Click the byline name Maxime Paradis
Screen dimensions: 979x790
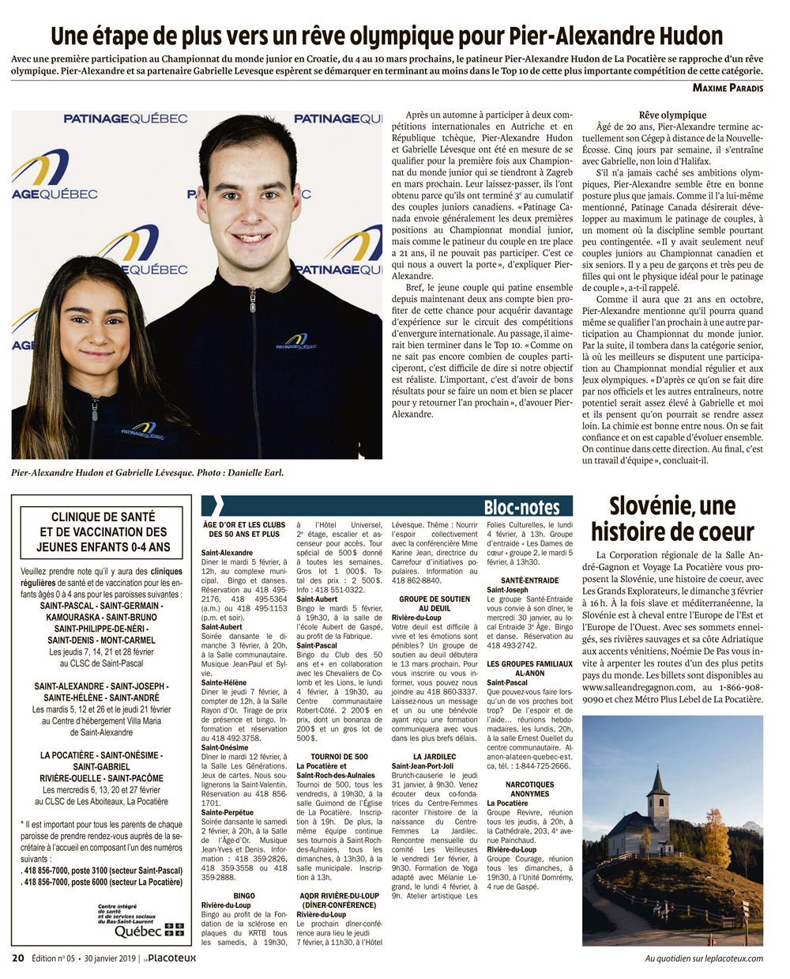[728, 88]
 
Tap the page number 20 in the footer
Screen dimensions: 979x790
[17, 958]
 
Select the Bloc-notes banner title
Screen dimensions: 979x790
[521, 507]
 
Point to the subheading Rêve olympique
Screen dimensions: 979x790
[672, 115]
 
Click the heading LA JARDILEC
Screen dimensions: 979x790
[434, 757]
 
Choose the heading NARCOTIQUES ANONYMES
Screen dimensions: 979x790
[529, 789]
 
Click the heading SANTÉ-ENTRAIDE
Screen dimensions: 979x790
[529, 580]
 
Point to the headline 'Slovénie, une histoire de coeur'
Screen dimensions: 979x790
[672, 519]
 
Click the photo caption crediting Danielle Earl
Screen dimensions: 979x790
[147, 473]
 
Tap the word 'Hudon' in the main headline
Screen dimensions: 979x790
[689, 36]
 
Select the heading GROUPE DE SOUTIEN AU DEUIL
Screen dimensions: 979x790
[434, 603]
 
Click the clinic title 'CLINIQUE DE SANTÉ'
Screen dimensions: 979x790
[103, 516]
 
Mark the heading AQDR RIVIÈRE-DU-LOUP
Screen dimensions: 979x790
[339, 896]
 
